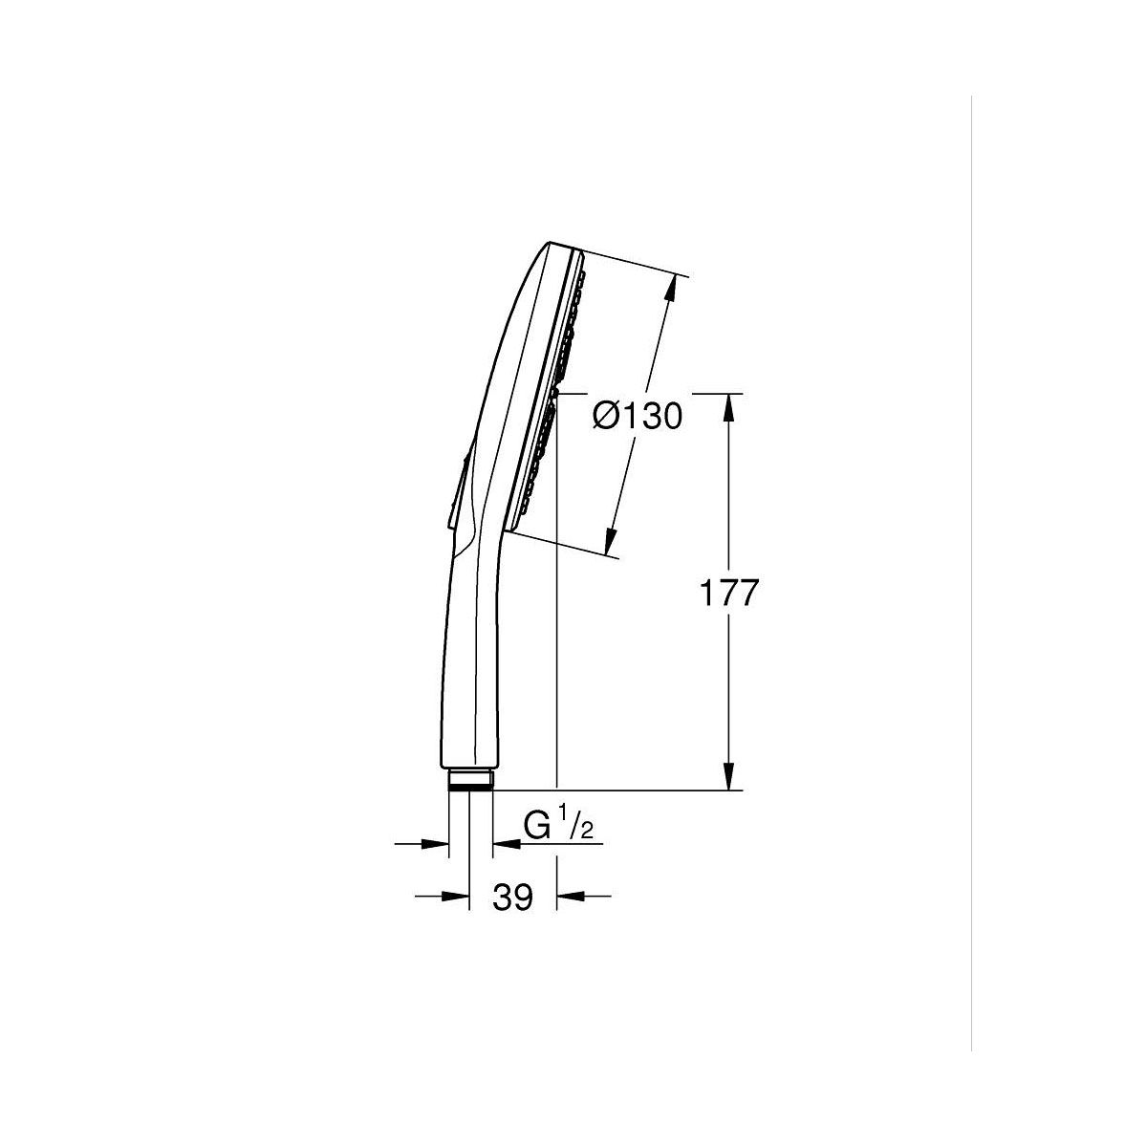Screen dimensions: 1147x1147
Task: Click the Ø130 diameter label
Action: click(637, 416)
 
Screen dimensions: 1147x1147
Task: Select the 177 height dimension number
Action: click(729, 593)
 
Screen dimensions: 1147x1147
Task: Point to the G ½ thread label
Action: click(557, 826)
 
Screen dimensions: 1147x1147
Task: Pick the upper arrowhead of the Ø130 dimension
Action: click(671, 290)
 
